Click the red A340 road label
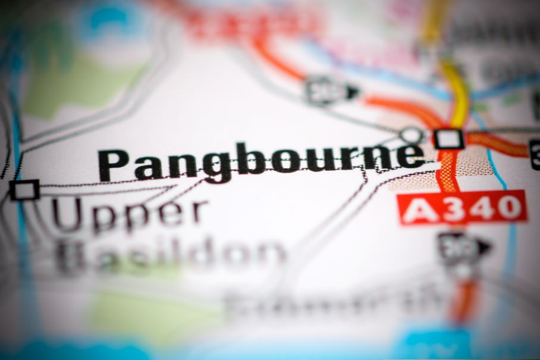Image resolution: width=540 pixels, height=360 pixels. (462, 208)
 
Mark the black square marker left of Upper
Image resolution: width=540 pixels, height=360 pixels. (24, 190)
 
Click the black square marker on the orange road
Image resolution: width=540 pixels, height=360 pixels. (448, 139)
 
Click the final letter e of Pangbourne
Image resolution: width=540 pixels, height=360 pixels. (410, 156)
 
